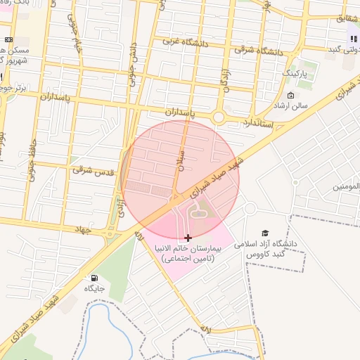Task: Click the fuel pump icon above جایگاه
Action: (94, 278)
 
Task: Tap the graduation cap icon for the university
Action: (265, 233)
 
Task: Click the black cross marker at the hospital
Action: (188, 238)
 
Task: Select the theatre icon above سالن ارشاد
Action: (291, 95)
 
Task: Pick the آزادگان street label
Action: (225, 79)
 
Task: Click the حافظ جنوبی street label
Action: (32, 163)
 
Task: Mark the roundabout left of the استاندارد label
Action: (219, 117)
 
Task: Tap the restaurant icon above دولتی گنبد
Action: (353, 39)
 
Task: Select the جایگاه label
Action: (94, 288)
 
